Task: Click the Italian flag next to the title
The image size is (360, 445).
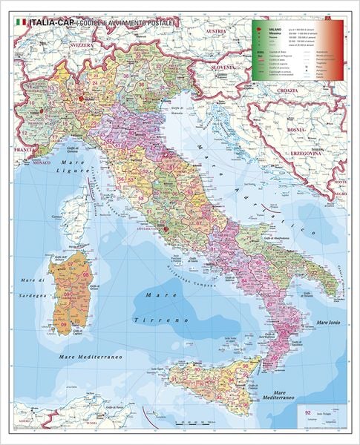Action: coord(20,24)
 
